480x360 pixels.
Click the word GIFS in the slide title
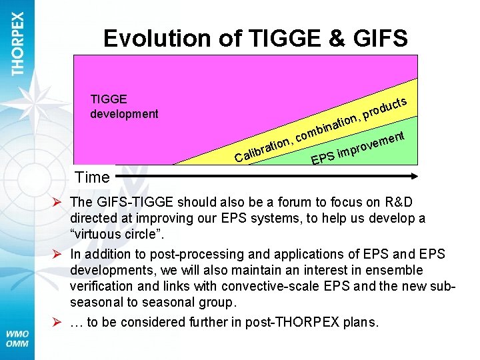click(x=377, y=38)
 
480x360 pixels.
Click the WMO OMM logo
click(x=17, y=337)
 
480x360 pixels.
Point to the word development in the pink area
click(x=124, y=113)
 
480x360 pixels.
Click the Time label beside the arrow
click(x=92, y=177)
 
